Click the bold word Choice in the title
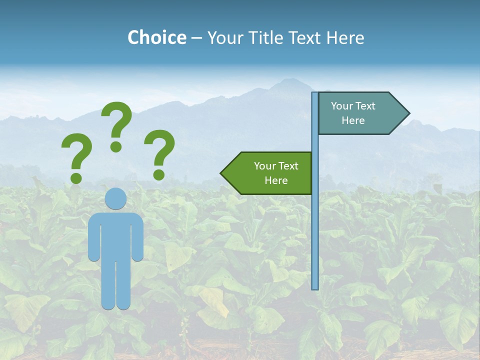pos(156,37)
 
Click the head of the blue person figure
pos(115,198)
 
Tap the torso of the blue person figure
pos(115,235)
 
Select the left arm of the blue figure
pos(93,237)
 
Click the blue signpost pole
pos(315,225)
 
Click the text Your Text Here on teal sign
pos(353,113)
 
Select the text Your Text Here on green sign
pos(276,173)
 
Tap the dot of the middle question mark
pos(116,146)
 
